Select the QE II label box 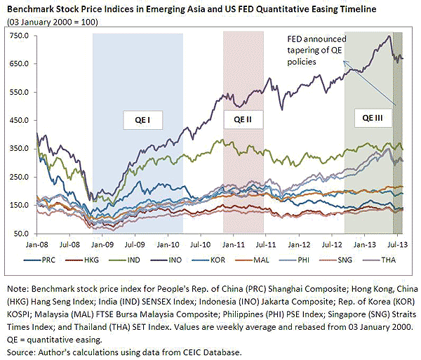coord(243,120)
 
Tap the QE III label coord(368,120)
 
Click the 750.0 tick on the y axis coord(16,35)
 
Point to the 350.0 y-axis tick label coord(16,148)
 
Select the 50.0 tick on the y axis coord(18,234)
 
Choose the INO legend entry coord(191,259)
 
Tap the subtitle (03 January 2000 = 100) coord(53,21)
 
